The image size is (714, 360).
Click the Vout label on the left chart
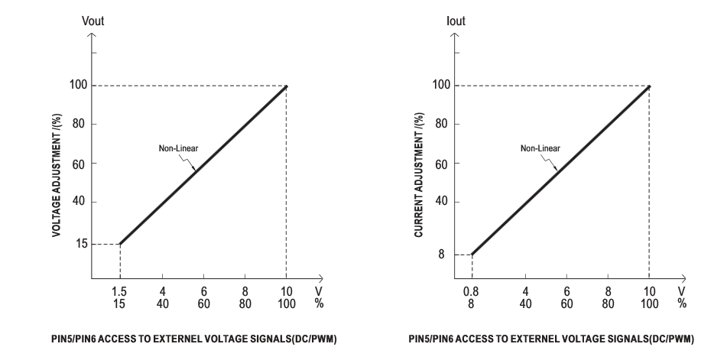pos(93,21)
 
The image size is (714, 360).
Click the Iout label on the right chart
pos(456,21)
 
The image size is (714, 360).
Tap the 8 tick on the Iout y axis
pos(442,255)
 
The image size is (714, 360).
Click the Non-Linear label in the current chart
pos(540,148)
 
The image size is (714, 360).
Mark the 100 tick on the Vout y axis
pos(78,85)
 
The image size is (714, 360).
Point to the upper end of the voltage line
pos(286,86)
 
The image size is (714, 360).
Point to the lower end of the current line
pos(472,255)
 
